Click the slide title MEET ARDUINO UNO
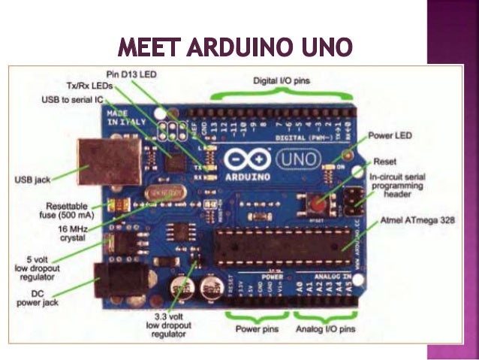pos(235,47)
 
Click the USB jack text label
pos(33,180)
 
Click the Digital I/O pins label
pos(282,80)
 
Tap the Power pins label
pos(253,329)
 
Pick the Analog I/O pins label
pos(324,329)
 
